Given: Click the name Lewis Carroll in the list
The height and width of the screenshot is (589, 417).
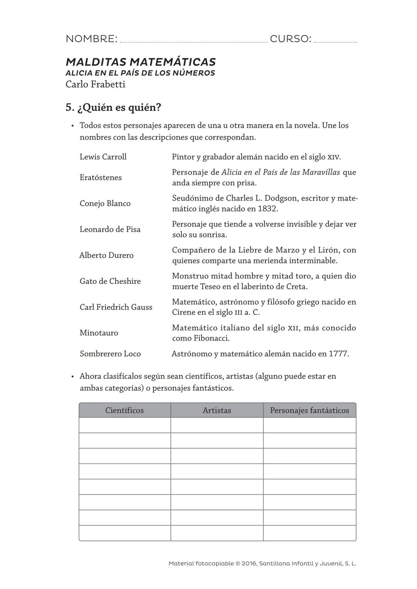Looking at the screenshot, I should click(103, 157).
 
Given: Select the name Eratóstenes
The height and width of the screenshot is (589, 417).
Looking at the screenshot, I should click(100, 177).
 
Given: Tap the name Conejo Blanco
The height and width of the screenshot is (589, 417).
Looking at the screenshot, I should click(105, 203).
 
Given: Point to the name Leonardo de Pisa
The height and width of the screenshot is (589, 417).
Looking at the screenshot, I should click(110, 229).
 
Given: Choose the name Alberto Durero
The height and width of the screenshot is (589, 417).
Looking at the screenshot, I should click(106, 255).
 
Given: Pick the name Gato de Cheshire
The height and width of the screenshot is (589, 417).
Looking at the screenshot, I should click(110, 281).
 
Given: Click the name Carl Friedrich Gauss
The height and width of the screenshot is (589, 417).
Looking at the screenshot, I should click(116, 307).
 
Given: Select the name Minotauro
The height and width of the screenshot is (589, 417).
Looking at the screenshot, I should click(99, 333).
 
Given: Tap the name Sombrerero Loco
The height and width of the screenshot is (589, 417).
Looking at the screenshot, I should click(110, 354).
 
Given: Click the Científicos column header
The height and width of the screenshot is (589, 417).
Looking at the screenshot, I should click(124, 410).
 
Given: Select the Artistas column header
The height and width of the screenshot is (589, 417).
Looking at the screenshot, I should click(217, 410).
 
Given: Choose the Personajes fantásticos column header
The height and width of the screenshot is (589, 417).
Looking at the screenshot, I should click(309, 410).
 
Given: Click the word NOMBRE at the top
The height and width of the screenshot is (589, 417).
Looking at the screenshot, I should click(91, 39).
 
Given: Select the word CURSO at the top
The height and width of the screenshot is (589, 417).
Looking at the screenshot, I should click(290, 39).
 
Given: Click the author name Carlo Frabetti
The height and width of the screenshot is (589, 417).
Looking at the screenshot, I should click(95, 84).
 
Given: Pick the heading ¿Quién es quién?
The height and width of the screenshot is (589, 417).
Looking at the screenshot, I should click(119, 107).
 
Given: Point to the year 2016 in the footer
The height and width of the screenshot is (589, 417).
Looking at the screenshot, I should click(249, 564).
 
